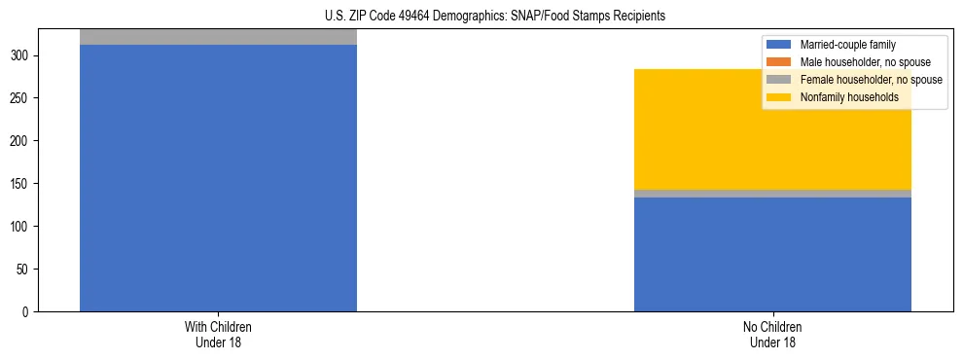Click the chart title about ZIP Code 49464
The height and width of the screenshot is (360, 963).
coord(495,16)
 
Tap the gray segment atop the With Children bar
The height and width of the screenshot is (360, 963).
coord(218,37)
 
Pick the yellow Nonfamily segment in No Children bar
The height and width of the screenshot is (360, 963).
coord(772,129)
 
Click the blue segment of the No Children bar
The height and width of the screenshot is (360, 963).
coord(772,254)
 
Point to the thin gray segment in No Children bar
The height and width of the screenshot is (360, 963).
coord(772,194)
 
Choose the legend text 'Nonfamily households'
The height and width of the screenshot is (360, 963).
coord(847,97)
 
